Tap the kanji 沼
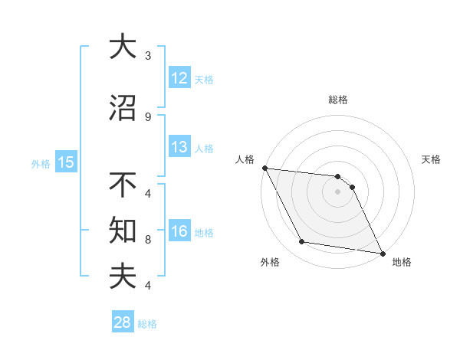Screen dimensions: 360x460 pyautogui.click(x=122, y=108)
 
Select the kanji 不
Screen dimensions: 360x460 pyautogui.click(x=122, y=185)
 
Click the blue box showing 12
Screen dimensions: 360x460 pyautogui.click(x=179, y=78)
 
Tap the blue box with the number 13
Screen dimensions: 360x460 pyautogui.click(x=179, y=148)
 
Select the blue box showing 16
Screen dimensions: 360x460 pyautogui.click(x=179, y=232)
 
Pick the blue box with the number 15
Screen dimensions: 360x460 pyautogui.click(x=65, y=162)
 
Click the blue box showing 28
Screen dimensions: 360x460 pyautogui.click(x=123, y=322)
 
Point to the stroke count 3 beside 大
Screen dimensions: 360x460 pyautogui.click(x=148, y=56)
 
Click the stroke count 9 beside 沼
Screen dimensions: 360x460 pyautogui.click(x=148, y=117)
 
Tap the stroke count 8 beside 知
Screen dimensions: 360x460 pyautogui.click(x=148, y=240)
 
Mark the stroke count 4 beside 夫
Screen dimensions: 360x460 pyautogui.click(x=148, y=286)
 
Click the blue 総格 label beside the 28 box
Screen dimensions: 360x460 pyautogui.click(x=147, y=324)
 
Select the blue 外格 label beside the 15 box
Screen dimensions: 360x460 pyautogui.click(x=41, y=163)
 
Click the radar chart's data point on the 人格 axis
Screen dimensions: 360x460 pyautogui.click(x=264, y=168)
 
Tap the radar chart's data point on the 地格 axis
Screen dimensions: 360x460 pyautogui.click(x=381, y=252)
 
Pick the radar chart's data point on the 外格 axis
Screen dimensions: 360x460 pyautogui.click(x=302, y=242)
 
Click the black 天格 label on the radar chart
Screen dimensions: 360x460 pyautogui.click(x=432, y=159)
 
